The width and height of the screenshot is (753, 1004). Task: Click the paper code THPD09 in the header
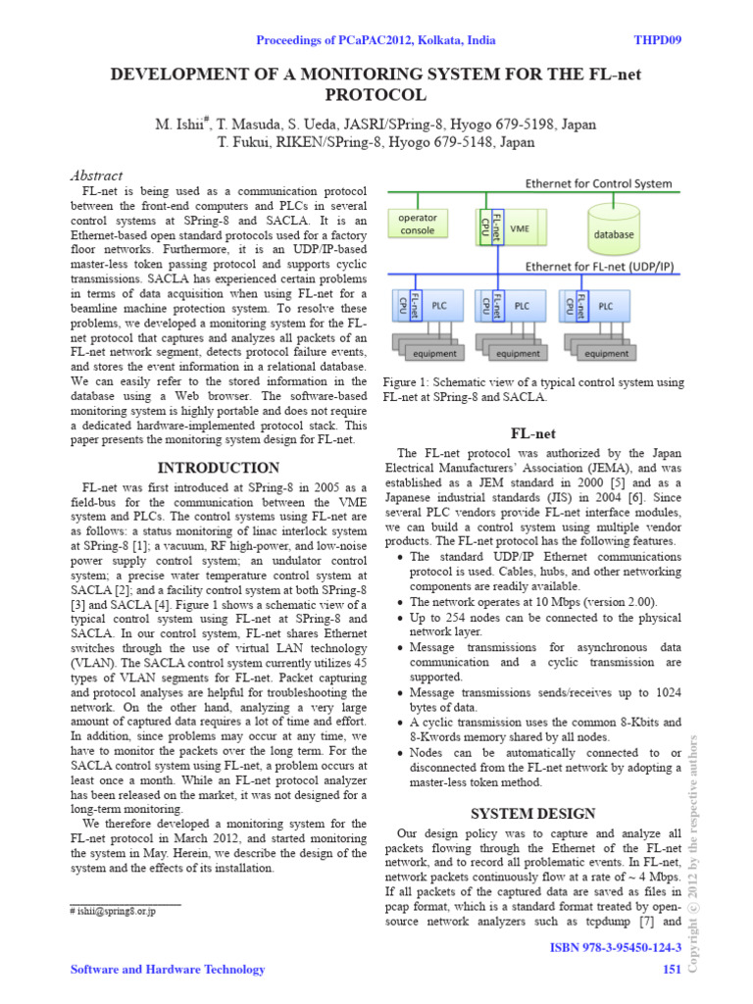point(660,40)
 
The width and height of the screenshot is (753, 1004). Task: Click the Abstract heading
point(97,176)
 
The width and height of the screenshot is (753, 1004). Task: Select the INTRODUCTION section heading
point(219,468)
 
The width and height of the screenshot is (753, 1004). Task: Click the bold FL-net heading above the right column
point(532,432)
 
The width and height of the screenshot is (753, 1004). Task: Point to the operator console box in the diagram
point(418,224)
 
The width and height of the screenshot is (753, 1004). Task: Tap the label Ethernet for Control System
point(599,183)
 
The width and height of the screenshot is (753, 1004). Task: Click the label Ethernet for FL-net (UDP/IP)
point(599,266)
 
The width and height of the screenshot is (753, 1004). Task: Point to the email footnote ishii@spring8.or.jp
point(113,911)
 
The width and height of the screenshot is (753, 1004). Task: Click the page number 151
point(672,970)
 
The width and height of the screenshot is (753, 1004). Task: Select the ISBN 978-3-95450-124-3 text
point(617,950)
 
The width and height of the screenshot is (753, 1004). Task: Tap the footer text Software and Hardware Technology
point(168,970)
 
